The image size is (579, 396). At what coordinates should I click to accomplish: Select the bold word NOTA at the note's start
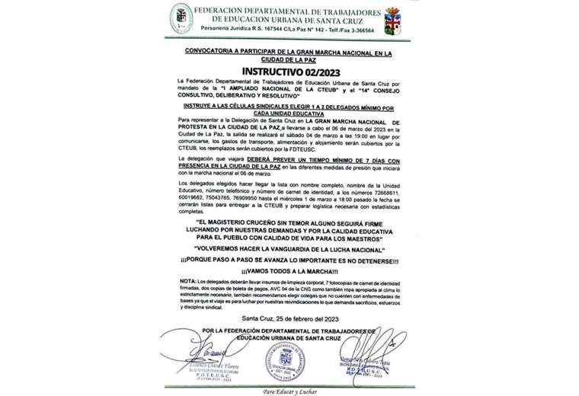click(187, 279)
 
